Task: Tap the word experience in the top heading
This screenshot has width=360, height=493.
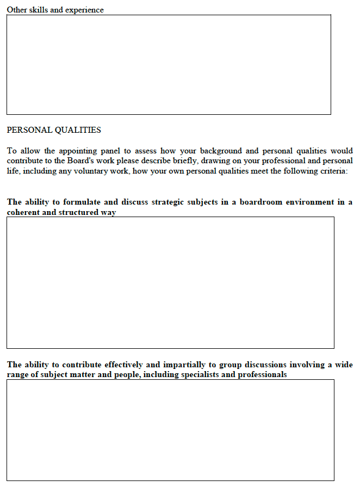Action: (84, 10)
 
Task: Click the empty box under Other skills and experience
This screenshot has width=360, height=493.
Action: (169, 64)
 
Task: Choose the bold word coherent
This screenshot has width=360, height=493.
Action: (23, 212)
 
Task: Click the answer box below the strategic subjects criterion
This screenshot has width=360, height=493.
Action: (170, 282)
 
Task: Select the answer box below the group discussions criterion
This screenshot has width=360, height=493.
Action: (170, 430)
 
